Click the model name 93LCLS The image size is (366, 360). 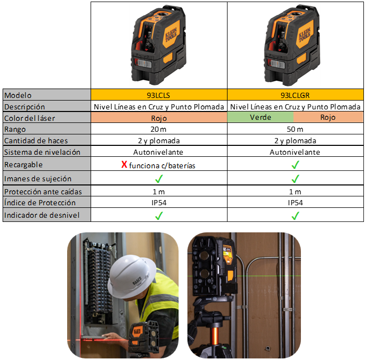point(158,95)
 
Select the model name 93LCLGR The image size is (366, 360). point(295,95)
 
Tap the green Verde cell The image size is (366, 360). point(260,117)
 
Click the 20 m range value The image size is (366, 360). point(158,129)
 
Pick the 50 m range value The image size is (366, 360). point(295,129)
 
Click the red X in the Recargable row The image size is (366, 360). point(124,165)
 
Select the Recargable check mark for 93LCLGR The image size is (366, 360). point(295,165)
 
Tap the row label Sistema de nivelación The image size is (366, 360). point(42,152)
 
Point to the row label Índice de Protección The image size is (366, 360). point(40,203)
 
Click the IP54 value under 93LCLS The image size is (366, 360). point(159,203)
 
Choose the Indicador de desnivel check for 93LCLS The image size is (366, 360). point(159,216)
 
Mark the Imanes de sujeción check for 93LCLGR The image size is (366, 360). point(295,179)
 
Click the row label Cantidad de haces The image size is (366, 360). point(36,141)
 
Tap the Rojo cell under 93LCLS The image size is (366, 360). point(159,118)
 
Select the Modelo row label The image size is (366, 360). point(18,95)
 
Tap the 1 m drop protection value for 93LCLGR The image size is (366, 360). point(295,192)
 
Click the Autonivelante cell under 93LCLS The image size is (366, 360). point(158,152)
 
